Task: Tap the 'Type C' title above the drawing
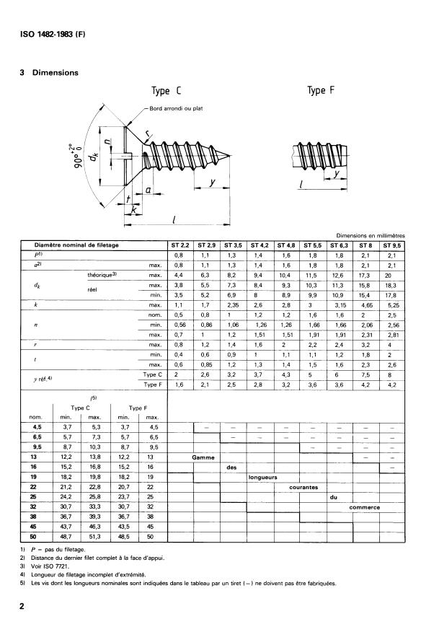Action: coord(171,92)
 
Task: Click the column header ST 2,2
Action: coord(180,246)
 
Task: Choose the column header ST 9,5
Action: coord(392,246)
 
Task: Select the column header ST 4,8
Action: coord(286,246)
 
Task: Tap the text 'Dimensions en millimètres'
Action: coord(368,235)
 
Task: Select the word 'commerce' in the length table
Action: coord(364,506)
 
